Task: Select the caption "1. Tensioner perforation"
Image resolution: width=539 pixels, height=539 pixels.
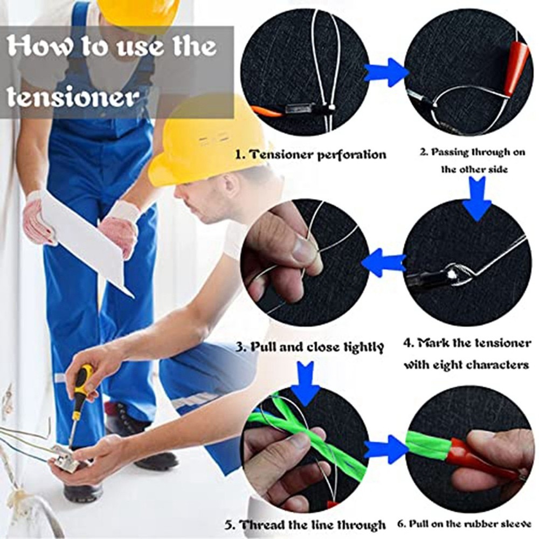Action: click(x=311, y=154)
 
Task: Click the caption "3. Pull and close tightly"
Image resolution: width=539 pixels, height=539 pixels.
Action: click(x=309, y=347)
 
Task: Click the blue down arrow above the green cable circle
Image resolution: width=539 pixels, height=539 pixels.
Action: click(x=305, y=383)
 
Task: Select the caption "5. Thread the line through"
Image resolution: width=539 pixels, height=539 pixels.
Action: click(x=305, y=524)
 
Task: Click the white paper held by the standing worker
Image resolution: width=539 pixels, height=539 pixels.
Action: click(x=86, y=240)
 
